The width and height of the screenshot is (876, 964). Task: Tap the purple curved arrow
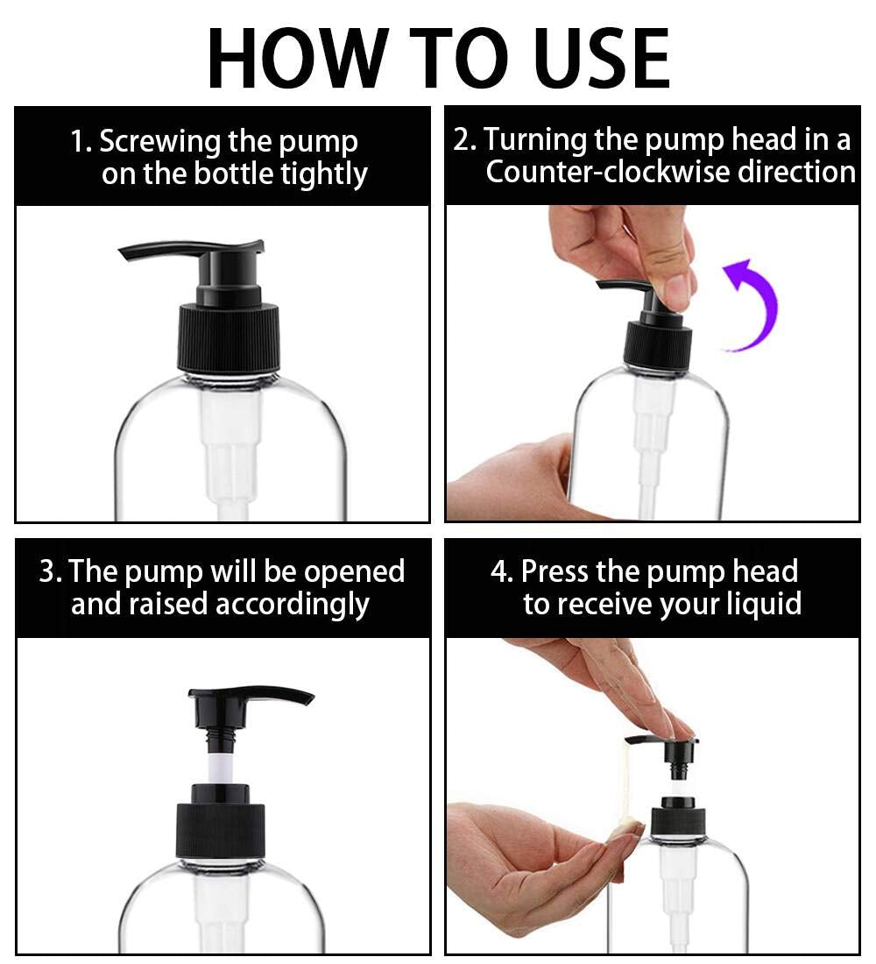click(x=755, y=302)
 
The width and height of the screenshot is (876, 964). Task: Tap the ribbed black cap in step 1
click(x=230, y=338)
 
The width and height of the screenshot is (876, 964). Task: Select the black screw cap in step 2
click(x=657, y=344)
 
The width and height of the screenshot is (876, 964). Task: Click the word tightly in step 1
click(x=323, y=174)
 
